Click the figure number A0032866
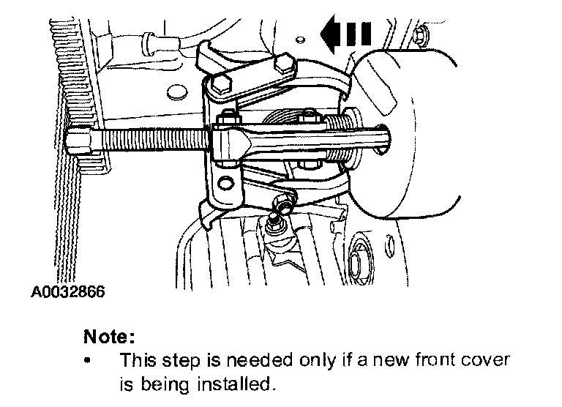point(67,292)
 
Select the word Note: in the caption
point(110,337)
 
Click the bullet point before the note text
point(89,362)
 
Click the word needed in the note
point(253,360)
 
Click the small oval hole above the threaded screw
point(176,93)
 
